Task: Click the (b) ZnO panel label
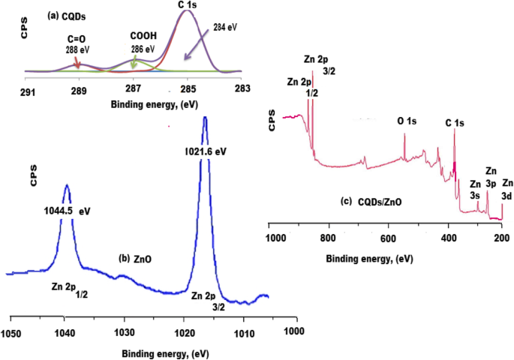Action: (138, 259)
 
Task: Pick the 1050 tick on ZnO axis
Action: (11, 331)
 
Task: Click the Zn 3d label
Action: (508, 189)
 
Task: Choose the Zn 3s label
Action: (475, 190)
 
